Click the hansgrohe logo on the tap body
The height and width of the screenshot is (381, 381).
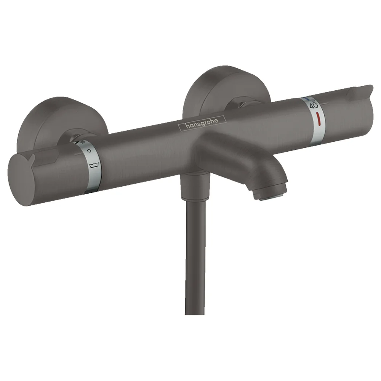[x=202, y=123]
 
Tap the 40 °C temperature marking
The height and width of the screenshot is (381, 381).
[x=314, y=105]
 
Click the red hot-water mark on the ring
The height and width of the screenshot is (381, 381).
[x=316, y=119]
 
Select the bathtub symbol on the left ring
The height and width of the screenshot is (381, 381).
[x=94, y=165]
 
